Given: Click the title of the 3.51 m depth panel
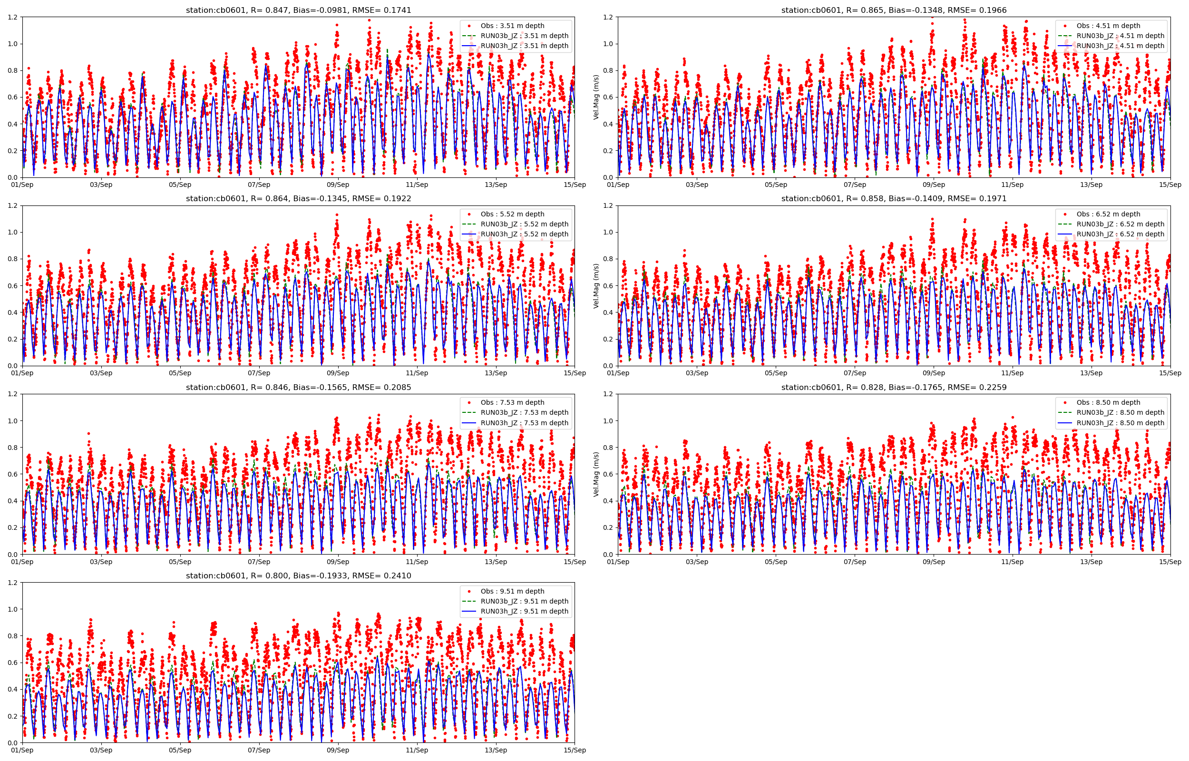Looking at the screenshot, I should pos(298,10).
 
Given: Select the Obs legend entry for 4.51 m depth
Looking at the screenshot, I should pos(1108,26).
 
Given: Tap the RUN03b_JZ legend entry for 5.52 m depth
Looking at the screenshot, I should pos(524,224).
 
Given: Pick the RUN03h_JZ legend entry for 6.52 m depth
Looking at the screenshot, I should pos(1120,234).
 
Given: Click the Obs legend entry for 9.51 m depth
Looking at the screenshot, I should pos(512,591).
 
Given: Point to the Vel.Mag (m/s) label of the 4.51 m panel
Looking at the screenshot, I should pos(596,98).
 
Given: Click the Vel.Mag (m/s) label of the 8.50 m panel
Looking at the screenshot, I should pos(596,474).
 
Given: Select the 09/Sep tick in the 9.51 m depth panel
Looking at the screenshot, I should pos(338,750).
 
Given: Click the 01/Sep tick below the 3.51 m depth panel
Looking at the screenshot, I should pos(22,185).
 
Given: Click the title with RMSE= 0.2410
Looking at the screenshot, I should pos(298,576).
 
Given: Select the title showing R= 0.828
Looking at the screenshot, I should pos(894,388).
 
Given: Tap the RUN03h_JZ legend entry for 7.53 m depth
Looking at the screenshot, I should pos(524,423).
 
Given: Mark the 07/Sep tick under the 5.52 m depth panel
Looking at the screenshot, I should pos(259,373).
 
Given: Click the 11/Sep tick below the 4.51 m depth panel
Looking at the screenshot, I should pos(1012,185).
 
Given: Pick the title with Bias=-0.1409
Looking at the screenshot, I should pos(894,199).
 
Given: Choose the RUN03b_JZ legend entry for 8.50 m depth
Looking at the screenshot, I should pos(1120,413).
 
